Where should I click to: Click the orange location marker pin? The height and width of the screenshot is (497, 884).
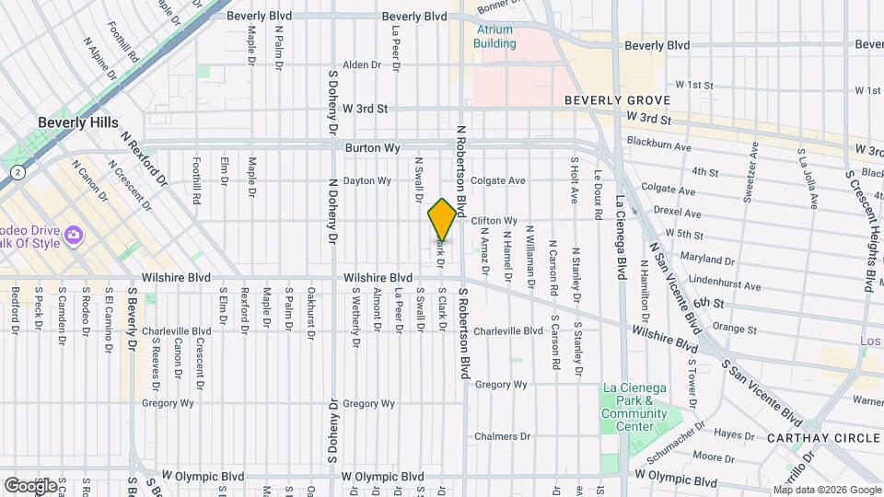tap(442, 219)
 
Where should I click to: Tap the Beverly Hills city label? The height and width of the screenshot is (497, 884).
tap(76, 122)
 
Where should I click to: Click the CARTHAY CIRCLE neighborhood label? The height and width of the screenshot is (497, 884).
tap(822, 438)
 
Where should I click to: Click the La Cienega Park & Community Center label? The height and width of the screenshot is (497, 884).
tap(634, 408)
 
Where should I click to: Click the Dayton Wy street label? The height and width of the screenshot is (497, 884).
tap(366, 181)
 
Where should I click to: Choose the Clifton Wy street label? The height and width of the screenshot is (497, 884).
tap(494, 221)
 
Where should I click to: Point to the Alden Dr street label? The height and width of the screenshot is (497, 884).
tap(361, 64)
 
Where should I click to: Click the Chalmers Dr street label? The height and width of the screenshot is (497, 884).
tap(500, 436)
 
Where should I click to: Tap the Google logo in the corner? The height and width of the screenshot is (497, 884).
tap(30, 485)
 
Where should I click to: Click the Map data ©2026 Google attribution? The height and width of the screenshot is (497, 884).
tap(826, 490)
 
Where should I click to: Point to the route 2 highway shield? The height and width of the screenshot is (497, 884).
tap(17, 172)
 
